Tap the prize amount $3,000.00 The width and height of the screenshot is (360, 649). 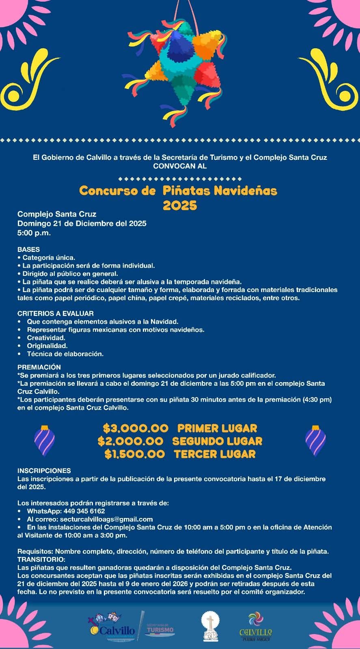[136, 428]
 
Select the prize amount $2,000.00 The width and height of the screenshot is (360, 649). [130, 441]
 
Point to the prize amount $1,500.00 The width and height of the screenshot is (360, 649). [134, 454]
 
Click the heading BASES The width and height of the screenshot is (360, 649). [28, 249]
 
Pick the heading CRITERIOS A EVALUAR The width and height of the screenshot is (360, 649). [56, 314]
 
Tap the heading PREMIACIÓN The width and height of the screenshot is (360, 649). [39, 367]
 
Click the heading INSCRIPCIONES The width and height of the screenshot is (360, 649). [44, 471]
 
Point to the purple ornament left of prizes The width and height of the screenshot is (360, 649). [44, 441]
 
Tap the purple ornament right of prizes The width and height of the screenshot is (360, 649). [315, 441]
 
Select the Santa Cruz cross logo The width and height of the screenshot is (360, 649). [210, 627]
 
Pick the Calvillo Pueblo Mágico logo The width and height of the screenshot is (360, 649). [256, 627]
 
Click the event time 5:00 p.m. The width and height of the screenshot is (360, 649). [34, 233]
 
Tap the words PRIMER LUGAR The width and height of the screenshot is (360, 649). [217, 428]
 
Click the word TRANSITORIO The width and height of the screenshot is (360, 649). [41, 559]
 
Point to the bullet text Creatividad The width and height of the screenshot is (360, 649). [46, 338]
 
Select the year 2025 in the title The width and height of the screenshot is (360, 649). [180, 206]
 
